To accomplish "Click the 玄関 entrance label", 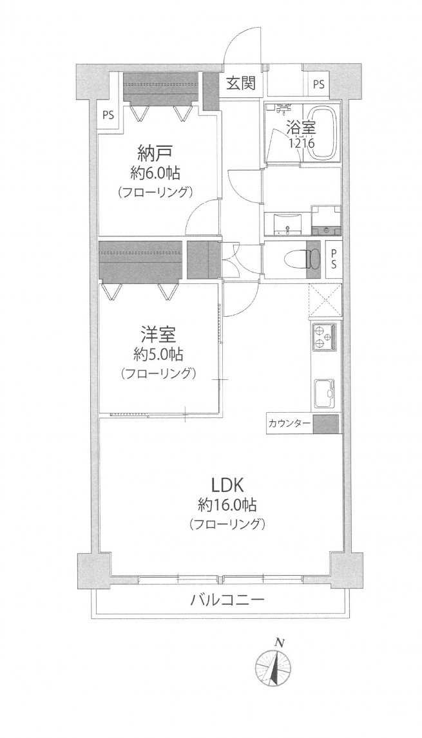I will pyautogui.click(x=240, y=83).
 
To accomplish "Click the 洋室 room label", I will pyautogui.click(x=157, y=336).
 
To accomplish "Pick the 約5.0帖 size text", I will pyautogui.click(x=157, y=354).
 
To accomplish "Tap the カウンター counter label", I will pyautogui.click(x=288, y=424).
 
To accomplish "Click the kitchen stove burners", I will pyautogui.click(x=324, y=339).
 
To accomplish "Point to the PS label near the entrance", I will pyautogui.click(x=319, y=84).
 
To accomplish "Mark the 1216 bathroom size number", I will pyautogui.click(x=300, y=144).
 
